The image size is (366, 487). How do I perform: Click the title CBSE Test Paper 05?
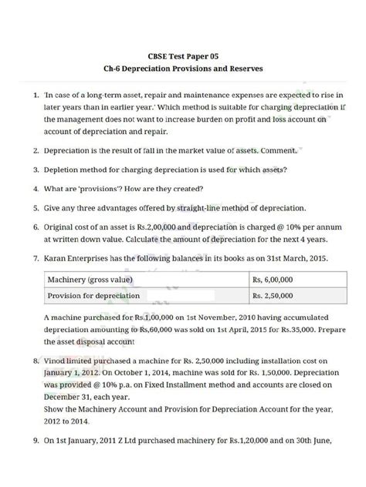[x=183, y=56]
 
